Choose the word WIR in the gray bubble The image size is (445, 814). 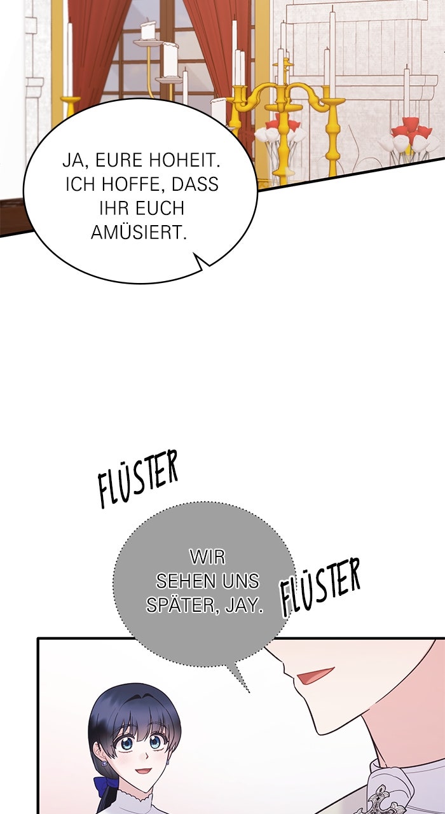[x=207, y=557]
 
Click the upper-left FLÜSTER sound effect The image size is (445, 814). [x=139, y=478]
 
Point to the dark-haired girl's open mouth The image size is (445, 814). [x=143, y=770]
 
